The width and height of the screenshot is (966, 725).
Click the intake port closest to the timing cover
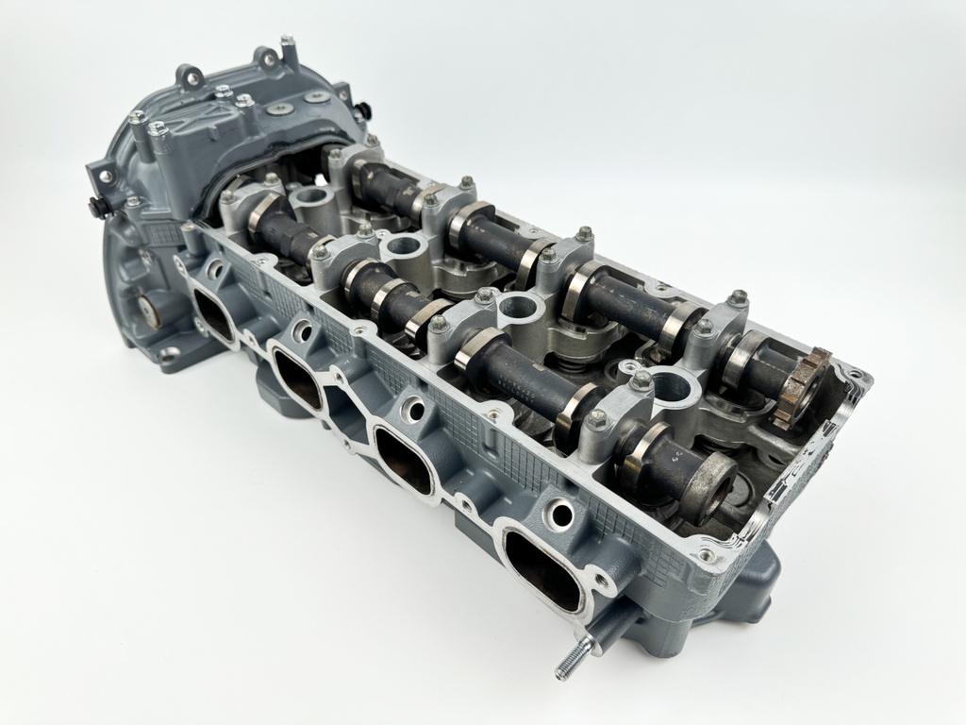(216, 312)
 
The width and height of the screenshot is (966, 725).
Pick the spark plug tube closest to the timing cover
(310, 198)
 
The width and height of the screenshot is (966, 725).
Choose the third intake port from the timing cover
(404, 455)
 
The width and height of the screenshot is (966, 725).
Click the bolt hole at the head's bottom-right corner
(704, 556)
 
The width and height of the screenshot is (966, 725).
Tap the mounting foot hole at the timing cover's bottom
(168, 354)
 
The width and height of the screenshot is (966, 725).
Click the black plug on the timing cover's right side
(360, 96)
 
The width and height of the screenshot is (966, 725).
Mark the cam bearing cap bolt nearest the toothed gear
(738, 297)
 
